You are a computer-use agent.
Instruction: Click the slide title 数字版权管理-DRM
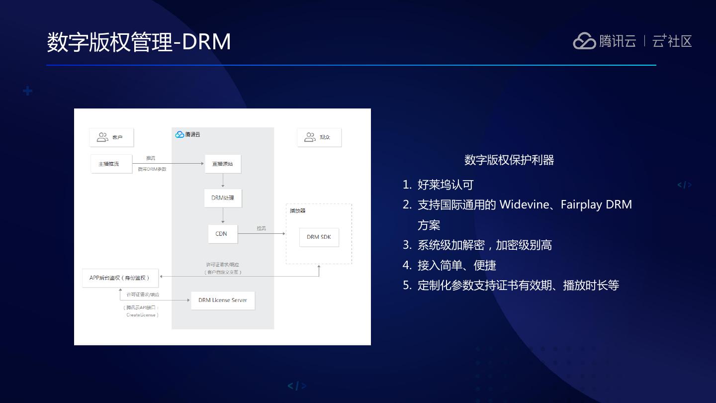139,42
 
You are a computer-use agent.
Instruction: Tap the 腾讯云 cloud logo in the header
584,41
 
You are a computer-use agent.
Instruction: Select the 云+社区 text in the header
672,41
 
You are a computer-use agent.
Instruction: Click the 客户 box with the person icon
111,137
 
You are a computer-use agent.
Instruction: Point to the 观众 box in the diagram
319,137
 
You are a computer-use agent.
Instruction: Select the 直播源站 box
223,164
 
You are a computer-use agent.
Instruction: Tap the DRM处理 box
223,198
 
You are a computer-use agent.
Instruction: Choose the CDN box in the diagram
222,234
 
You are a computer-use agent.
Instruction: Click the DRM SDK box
319,237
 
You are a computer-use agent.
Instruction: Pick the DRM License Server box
223,301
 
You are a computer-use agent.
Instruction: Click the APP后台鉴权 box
120,278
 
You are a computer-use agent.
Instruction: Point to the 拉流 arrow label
261,228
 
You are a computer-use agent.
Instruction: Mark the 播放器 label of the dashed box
298,211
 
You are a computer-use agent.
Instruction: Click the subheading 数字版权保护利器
509,160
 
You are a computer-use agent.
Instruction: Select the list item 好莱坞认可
445,185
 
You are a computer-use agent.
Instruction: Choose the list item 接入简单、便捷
456,266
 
